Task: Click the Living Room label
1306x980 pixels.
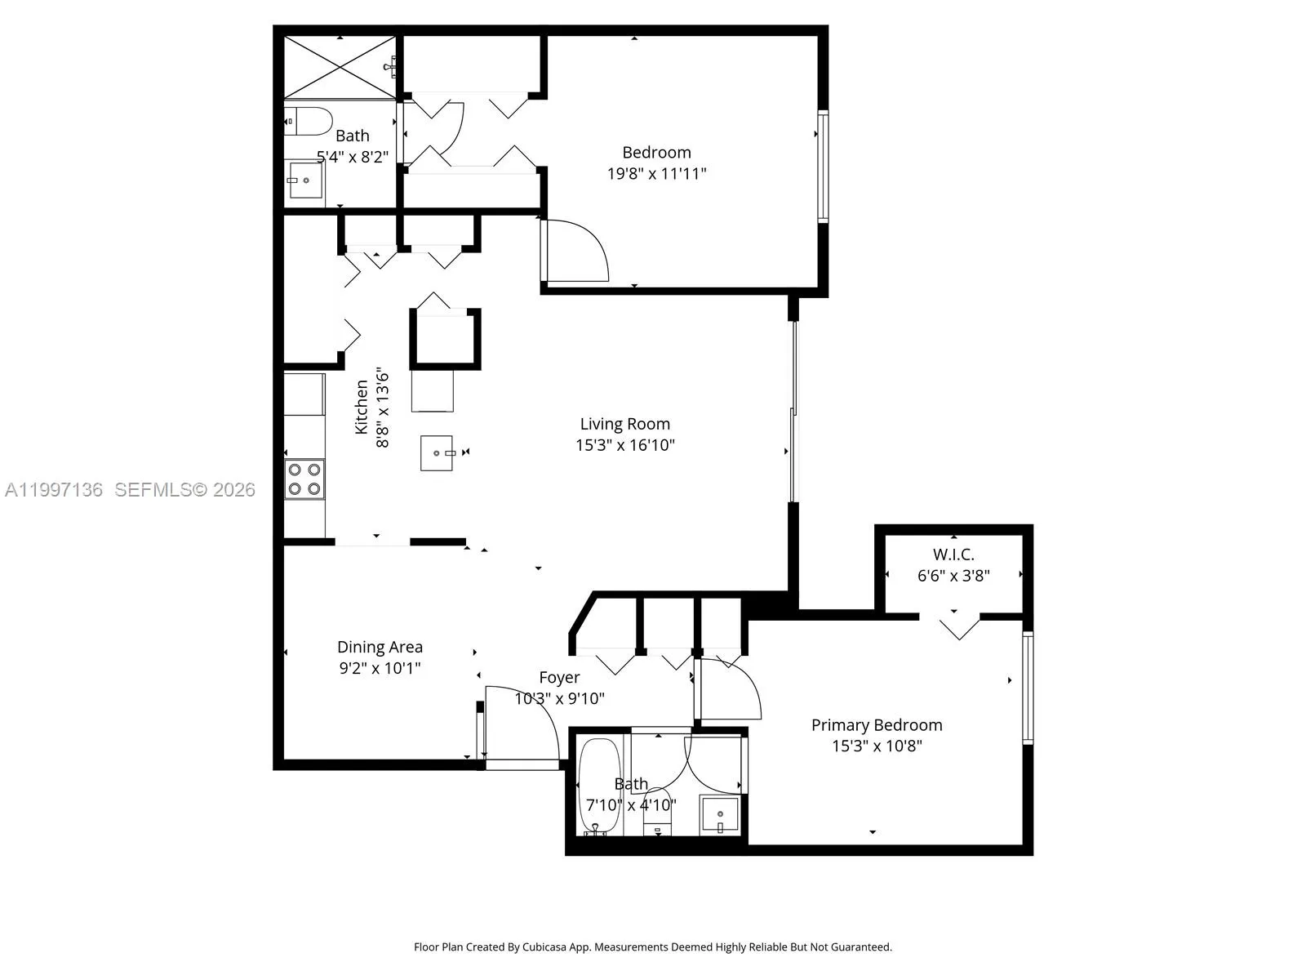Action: [624, 424]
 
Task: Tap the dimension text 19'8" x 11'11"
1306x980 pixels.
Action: [656, 173]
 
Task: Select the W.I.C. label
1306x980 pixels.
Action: [953, 555]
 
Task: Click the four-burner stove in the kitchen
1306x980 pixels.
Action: [304, 479]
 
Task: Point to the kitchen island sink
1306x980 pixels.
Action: [437, 453]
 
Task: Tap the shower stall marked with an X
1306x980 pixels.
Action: [340, 67]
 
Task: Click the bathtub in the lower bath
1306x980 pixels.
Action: [601, 786]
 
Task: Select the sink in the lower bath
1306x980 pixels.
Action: [720, 815]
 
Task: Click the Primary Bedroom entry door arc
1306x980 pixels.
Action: [731, 690]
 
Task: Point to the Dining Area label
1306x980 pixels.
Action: [380, 647]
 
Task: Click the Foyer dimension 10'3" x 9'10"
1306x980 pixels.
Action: [559, 698]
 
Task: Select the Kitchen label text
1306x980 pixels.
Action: [361, 407]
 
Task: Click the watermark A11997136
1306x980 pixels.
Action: [54, 490]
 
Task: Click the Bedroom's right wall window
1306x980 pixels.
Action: [823, 167]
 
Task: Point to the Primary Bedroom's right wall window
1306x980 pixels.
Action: [1028, 688]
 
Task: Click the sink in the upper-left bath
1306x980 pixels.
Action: [304, 181]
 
